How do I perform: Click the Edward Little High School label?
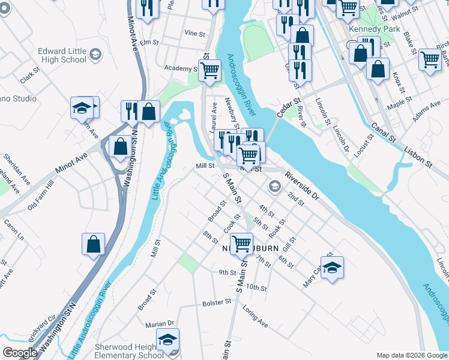coord(62,55)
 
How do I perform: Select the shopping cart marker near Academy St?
coord(209,70)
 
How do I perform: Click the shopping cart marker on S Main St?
coord(241,244)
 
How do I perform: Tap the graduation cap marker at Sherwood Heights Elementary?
coord(167,340)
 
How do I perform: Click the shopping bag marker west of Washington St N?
coord(93,244)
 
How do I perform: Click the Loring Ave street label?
coord(255,316)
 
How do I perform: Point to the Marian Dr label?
coord(159,324)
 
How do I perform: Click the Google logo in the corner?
coord(20,353)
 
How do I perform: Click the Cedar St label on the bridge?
coord(288,109)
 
